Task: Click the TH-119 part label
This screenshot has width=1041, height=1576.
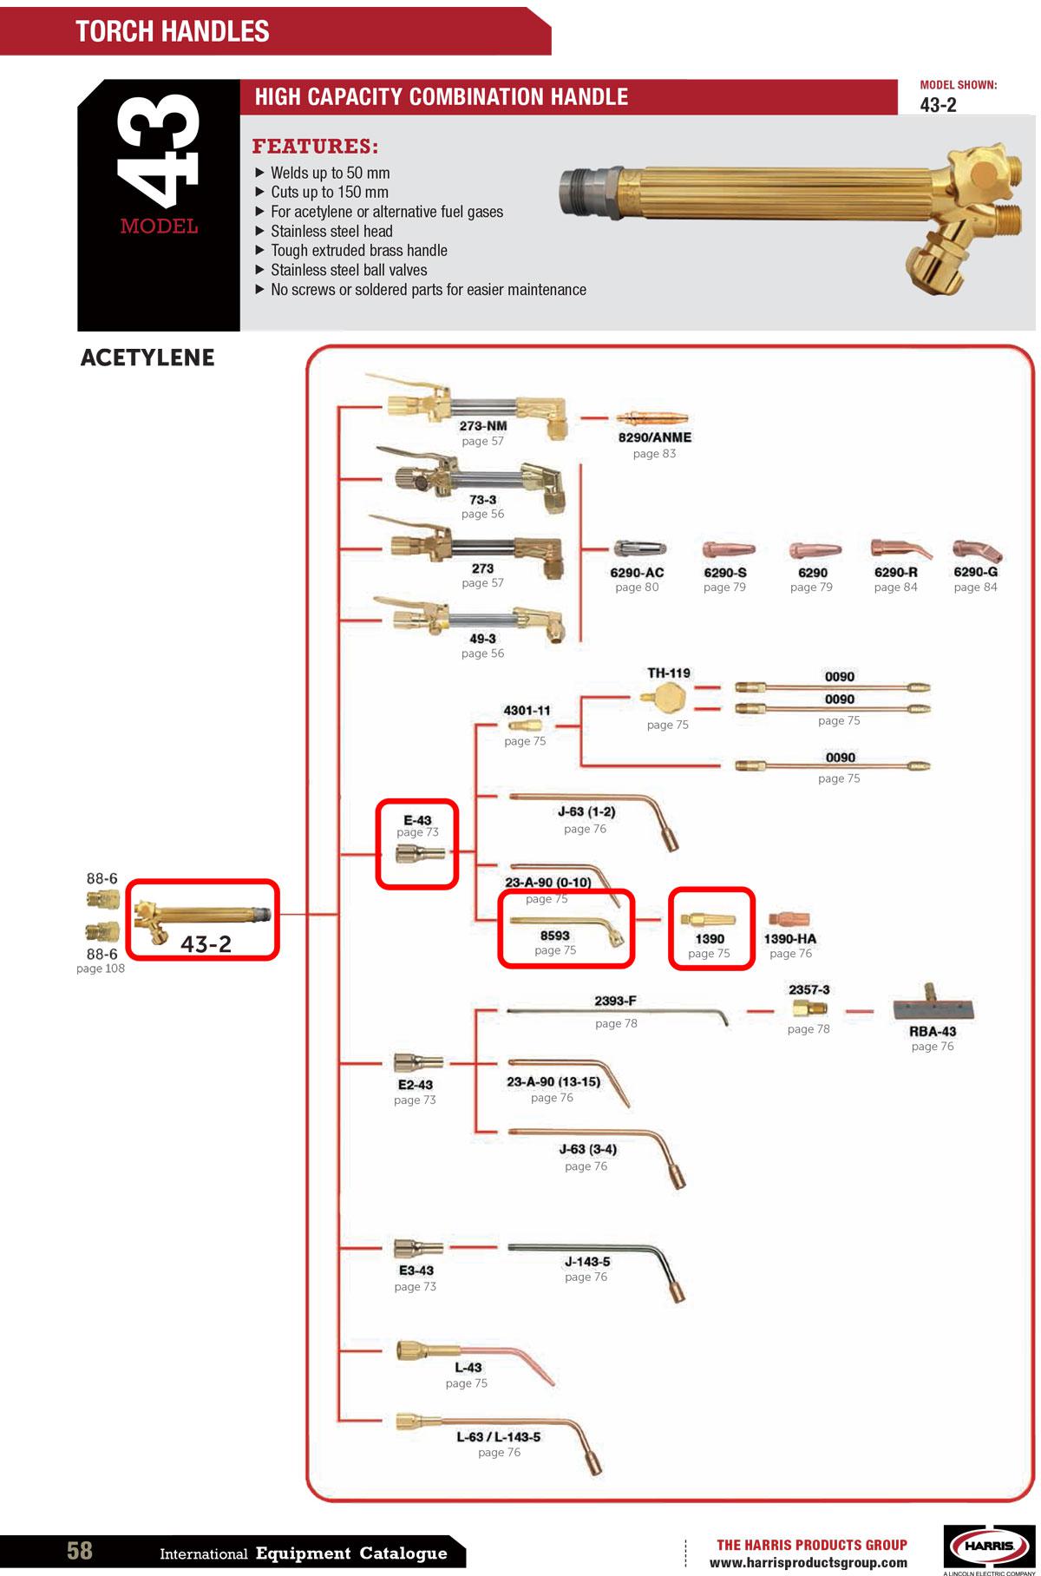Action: click(669, 673)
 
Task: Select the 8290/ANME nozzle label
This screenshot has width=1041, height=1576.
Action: click(654, 437)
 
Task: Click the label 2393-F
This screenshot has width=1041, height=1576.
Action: click(615, 1001)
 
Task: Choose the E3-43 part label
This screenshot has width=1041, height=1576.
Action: click(416, 1270)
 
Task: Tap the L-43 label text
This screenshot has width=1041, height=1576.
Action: click(468, 1367)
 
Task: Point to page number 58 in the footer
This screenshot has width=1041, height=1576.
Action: click(80, 1550)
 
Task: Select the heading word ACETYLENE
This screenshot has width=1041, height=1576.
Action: click(147, 358)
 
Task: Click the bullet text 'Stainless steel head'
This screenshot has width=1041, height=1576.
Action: click(331, 231)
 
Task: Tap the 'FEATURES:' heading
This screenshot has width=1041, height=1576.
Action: click(315, 146)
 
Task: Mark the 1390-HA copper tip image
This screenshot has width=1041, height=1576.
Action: click(788, 919)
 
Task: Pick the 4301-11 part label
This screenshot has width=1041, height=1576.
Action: click(527, 710)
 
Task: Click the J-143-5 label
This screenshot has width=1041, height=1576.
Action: click(587, 1261)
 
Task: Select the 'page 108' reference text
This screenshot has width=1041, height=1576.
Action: click(101, 969)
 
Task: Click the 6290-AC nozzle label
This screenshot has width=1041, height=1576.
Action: click(637, 573)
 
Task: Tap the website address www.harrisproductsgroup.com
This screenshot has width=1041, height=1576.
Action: click(809, 1563)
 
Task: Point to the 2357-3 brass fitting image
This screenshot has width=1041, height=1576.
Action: click(809, 1008)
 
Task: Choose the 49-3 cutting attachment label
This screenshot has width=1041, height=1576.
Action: click(482, 639)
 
